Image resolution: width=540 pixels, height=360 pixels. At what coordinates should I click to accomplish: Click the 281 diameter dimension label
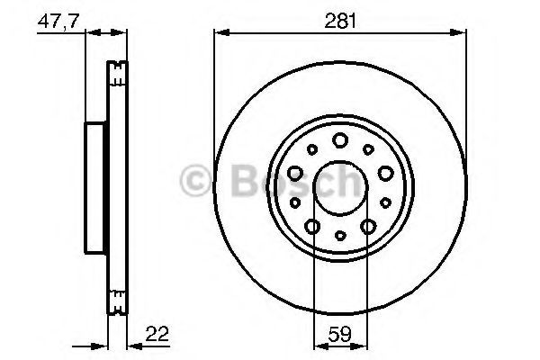pos(340,22)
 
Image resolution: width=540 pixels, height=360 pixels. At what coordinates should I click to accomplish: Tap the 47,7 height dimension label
pos(58,22)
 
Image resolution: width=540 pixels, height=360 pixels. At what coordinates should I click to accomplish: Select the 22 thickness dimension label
pos(157,334)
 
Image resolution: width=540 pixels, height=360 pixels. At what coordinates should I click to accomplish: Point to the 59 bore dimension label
pos(339,334)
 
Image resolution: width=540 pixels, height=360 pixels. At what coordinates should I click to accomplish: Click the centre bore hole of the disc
pos(340,188)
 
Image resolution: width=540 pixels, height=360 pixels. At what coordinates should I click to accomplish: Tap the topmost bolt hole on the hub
pos(340,140)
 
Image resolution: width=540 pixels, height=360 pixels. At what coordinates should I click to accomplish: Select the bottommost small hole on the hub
pos(340,236)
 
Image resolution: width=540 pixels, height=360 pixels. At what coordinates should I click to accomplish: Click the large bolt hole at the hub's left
pos(295,173)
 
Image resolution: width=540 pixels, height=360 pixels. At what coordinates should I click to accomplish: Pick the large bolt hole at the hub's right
pos(385,173)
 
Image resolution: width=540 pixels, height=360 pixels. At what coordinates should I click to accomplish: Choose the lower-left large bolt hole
pos(312,227)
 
